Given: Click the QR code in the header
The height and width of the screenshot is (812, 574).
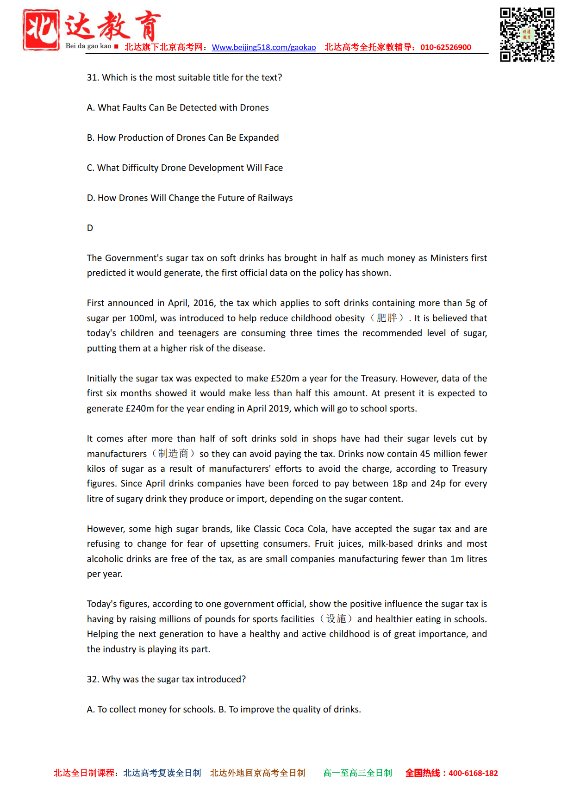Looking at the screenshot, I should [x=527, y=34].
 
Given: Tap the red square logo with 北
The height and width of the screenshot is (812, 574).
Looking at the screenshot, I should [x=41, y=30].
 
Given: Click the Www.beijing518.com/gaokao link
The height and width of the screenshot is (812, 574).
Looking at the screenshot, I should [x=264, y=47].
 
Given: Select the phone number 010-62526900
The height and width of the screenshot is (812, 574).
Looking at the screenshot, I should [x=445, y=47].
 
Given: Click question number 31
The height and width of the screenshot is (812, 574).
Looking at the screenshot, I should [x=93, y=78].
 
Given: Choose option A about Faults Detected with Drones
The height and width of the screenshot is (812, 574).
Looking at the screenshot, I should [x=178, y=108].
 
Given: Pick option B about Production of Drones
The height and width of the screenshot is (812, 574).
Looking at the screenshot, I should [x=183, y=138].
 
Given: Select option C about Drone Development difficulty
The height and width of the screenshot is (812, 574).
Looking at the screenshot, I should [x=185, y=168].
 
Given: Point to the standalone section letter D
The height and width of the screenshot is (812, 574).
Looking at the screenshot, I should [x=90, y=228].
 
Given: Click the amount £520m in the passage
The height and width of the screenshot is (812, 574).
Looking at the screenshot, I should [x=285, y=379].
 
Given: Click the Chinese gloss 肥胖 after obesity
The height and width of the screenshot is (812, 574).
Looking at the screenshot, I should [x=387, y=318].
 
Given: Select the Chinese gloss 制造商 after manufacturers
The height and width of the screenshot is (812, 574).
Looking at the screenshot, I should [x=173, y=454].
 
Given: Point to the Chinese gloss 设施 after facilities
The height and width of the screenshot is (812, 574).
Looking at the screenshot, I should [x=336, y=619].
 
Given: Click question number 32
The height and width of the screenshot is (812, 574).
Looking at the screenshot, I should [x=93, y=680].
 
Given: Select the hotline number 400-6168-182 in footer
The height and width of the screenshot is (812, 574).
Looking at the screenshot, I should [x=473, y=773].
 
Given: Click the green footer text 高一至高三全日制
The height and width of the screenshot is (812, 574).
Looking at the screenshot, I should [x=357, y=773].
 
